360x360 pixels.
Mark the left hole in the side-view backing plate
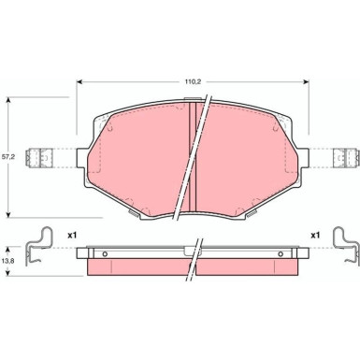click(x=105, y=253)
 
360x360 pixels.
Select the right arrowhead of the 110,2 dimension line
click(x=309, y=80)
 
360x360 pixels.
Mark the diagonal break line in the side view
click(x=194, y=257)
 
